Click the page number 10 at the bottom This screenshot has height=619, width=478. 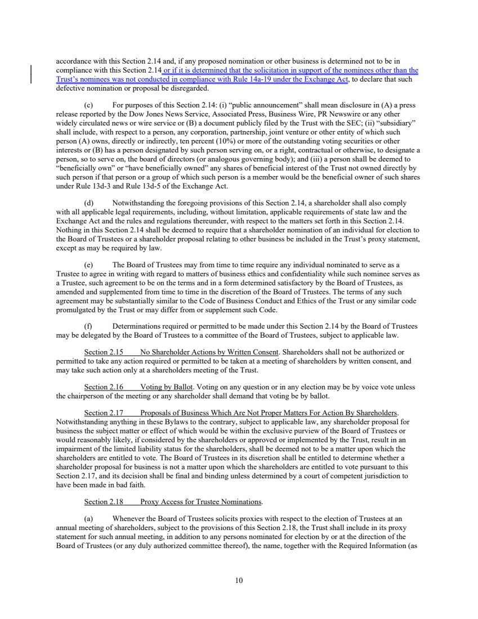(239, 581)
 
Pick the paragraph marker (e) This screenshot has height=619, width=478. (88, 264)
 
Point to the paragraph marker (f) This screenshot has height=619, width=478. (88, 326)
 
